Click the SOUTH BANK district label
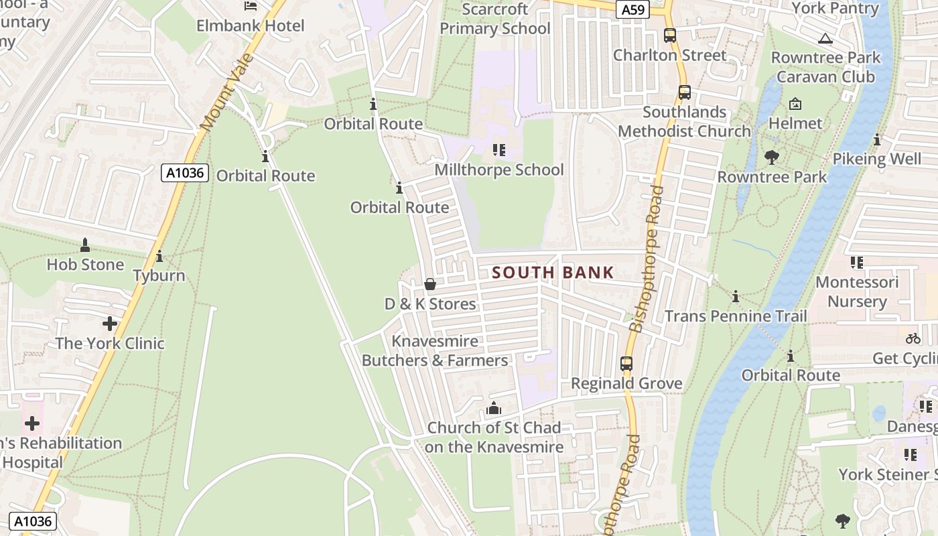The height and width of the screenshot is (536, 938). tap(553, 273)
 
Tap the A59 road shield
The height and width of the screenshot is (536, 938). tap(632, 9)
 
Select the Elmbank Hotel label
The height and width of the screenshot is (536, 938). tap(250, 26)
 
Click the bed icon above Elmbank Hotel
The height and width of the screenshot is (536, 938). tap(251, 6)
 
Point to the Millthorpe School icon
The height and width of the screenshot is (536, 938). tap(498, 149)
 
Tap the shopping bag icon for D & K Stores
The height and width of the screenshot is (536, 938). tap(430, 285)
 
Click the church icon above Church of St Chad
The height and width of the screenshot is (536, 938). tap(494, 407)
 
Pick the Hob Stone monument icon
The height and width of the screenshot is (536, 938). tap(85, 245)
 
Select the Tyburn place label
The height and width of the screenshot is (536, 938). tap(159, 275)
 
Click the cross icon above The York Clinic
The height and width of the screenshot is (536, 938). tap(110, 324)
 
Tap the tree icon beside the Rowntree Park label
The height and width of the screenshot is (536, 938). tap(771, 158)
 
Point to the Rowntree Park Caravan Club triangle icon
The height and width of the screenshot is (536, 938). tap(825, 38)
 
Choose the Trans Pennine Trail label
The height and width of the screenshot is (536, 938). tap(736, 316)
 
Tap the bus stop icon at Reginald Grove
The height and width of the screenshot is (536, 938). tap(626, 364)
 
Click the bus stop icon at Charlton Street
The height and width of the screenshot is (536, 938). tap(669, 36)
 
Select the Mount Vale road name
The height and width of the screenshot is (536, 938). tap(228, 92)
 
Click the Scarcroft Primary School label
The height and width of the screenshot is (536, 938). tap(495, 19)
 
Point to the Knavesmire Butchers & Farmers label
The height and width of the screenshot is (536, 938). tap(435, 350)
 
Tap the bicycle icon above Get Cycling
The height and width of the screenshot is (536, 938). tap(913, 338)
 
